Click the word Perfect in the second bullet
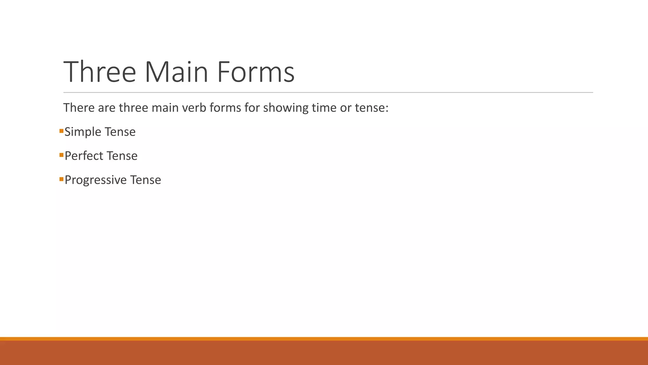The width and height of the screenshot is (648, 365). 84,156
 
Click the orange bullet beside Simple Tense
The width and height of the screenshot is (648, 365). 61,131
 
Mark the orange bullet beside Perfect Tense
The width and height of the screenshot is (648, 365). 61,155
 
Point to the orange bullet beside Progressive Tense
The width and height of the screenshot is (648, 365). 61,179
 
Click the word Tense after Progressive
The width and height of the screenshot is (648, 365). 146,180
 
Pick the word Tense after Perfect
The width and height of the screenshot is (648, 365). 122,156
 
